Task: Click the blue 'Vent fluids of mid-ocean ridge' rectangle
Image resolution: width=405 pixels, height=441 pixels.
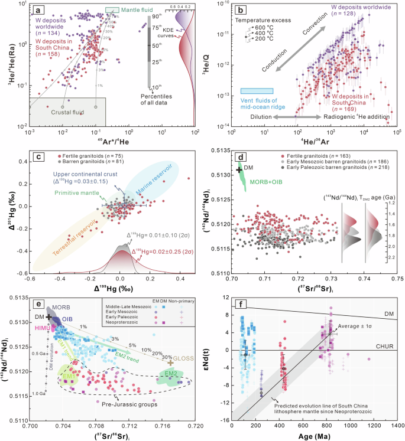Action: point(257,91)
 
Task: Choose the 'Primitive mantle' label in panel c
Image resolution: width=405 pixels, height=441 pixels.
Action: point(76,191)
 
